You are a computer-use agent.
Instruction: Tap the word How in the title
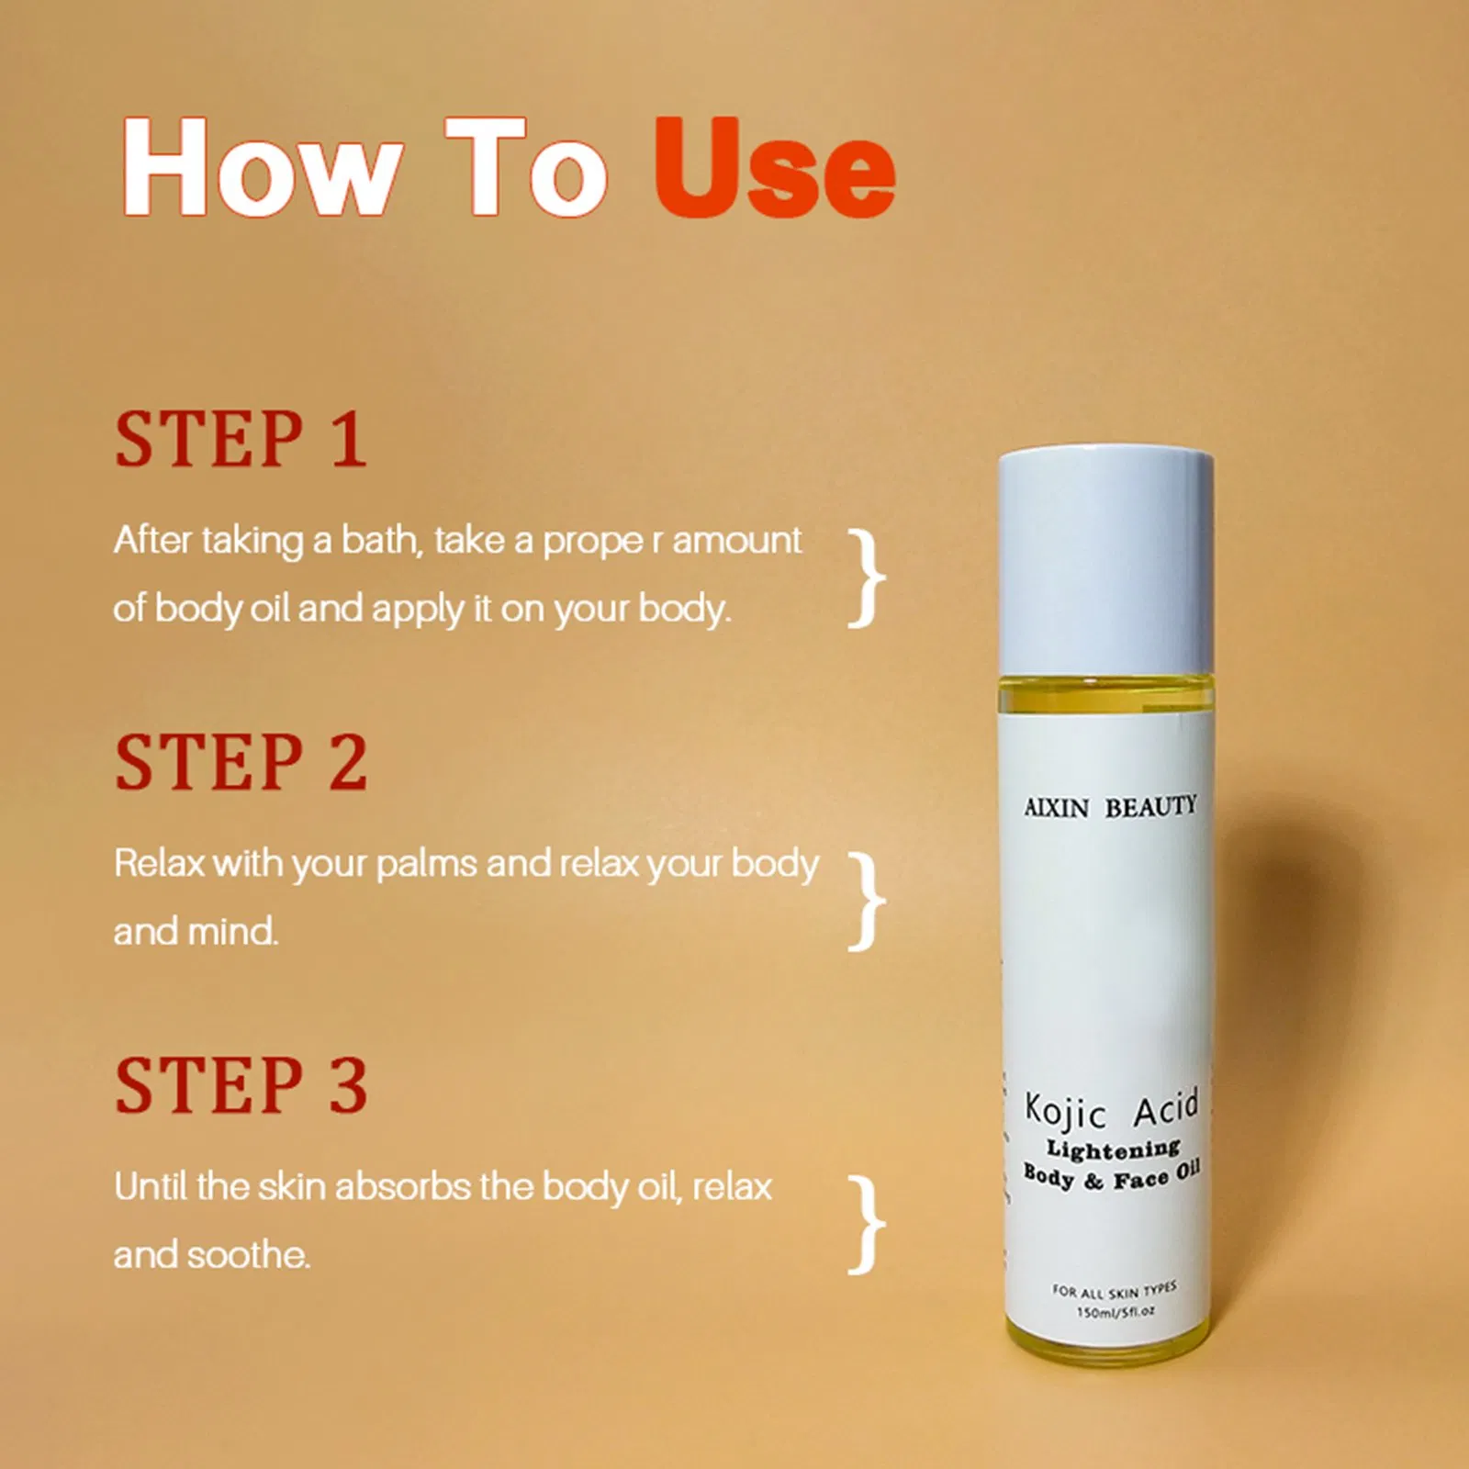pyautogui.click(x=261, y=168)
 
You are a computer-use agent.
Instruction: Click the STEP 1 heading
pyautogui.click(x=241, y=440)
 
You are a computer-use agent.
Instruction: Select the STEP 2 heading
pyautogui.click(x=241, y=763)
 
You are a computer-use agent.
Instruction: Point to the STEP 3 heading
pyautogui.click(x=241, y=1086)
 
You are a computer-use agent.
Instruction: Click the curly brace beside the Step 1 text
pyautogui.click(x=866, y=578)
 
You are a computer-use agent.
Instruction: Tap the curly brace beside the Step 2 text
pyautogui.click(x=866, y=902)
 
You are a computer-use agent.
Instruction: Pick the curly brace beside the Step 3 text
pyautogui.click(x=866, y=1225)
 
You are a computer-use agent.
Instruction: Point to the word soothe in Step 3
pyautogui.click(x=248, y=1255)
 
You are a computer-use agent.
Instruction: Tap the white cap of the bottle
pyautogui.click(x=1105, y=560)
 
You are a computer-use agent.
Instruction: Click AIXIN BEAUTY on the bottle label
pyautogui.click(x=1110, y=807)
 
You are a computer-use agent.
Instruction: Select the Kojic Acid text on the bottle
pyautogui.click(x=1111, y=1110)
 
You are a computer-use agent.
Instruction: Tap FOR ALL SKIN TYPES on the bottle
pyautogui.click(x=1114, y=1290)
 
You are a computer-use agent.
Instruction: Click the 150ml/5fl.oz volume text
pyautogui.click(x=1115, y=1312)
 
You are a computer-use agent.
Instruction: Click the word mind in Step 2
pyautogui.click(x=232, y=932)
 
